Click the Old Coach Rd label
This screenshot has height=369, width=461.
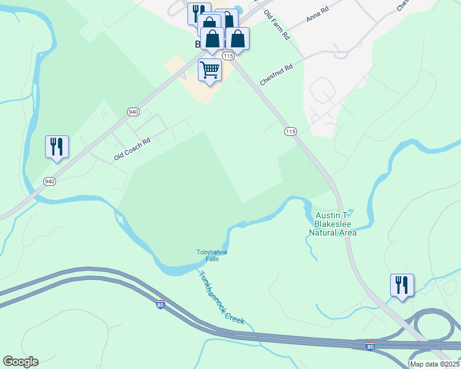click(x=132, y=149)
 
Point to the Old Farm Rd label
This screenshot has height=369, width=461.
click(x=277, y=25)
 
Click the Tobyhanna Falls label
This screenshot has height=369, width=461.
click(x=212, y=255)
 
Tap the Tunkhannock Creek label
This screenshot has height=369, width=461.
click(x=222, y=298)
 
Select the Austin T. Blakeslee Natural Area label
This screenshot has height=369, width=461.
click(x=333, y=224)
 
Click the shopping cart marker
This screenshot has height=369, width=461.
click(x=210, y=71)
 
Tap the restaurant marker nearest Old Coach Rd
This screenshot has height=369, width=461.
click(x=57, y=147)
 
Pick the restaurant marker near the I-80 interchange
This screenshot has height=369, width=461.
click(x=402, y=285)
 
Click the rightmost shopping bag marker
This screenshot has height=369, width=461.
click(x=237, y=38)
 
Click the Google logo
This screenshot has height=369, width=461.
click(x=20, y=362)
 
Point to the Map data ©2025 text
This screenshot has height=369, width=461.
click(x=434, y=364)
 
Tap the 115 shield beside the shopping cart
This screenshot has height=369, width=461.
click(x=229, y=56)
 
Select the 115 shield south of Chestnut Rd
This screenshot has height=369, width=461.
click(x=291, y=132)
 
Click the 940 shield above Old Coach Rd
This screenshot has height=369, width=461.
click(x=133, y=112)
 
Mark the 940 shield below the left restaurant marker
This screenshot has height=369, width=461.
click(x=50, y=181)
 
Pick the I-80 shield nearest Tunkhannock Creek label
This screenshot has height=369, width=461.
click(x=160, y=305)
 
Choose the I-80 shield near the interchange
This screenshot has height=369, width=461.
click(x=370, y=346)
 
